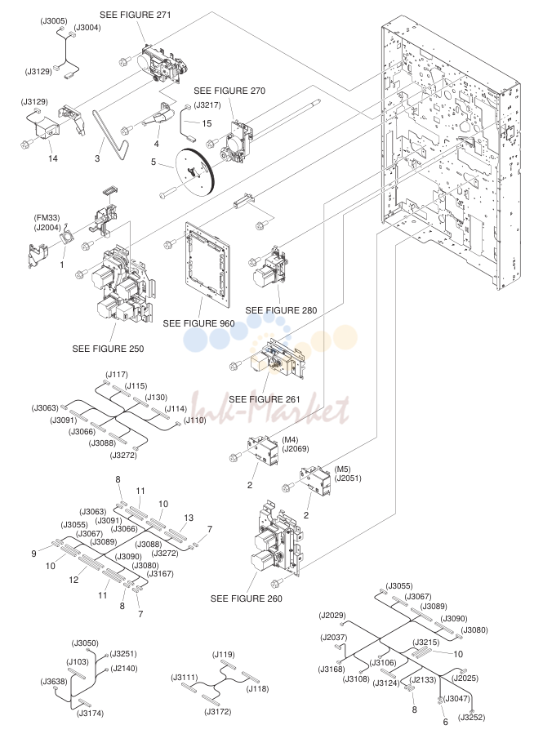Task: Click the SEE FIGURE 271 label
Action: [x=136, y=15]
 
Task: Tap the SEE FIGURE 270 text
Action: [x=229, y=91]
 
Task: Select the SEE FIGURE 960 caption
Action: [x=199, y=323]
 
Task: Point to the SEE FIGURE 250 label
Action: [x=108, y=349]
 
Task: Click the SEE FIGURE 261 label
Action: [x=265, y=399]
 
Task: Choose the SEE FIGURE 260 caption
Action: [x=247, y=598]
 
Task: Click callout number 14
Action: [x=53, y=158]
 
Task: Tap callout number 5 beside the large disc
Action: [x=154, y=162]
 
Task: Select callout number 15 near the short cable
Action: [x=207, y=123]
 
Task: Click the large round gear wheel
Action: [x=194, y=171]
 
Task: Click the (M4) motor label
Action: [x=290, y=440]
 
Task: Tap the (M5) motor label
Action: [x=343, y=469]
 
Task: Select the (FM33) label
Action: [x=47, y=218]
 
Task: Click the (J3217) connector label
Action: [x=207, y=105]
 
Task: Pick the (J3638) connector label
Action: [x=54, y=682]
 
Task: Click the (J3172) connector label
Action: [x=218, y=712]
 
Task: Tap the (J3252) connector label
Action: [x=471, y=717]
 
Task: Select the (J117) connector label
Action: [x=117, y=375]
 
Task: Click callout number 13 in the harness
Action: [x=189, y=518]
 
